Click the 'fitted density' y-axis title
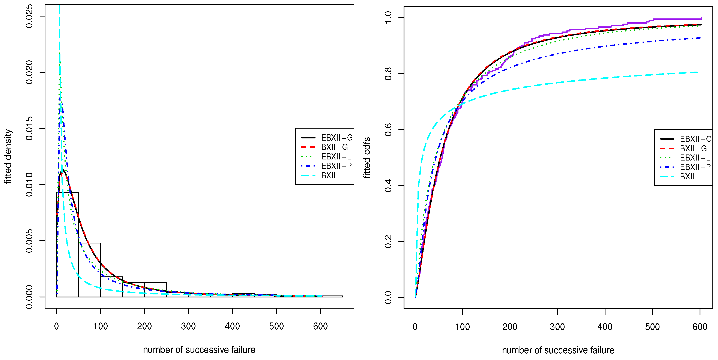(8, 156)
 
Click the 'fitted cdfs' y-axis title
(367, 157)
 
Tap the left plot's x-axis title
(199, 350)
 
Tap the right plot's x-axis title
(558, 350)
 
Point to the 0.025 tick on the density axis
(29, 16)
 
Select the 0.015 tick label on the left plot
(29, 128)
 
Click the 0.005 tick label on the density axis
(29, 241)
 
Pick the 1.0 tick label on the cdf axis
(388, 18)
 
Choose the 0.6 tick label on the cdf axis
(388, 130)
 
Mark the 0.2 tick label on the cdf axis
(388, 241)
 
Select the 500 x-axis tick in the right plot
(652, 327)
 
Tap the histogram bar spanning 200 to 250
(156, 289)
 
